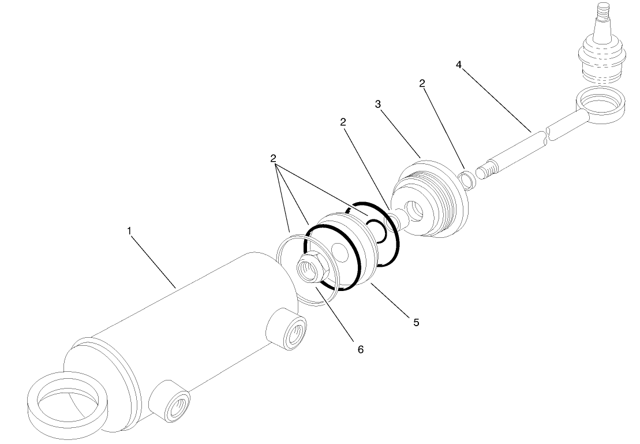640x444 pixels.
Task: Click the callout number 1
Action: (130, 230)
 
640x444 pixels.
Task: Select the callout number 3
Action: (378, 104)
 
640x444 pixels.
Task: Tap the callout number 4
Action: (459, 65)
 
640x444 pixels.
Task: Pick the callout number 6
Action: (361, 349)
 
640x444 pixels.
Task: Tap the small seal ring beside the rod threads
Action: (468, 178)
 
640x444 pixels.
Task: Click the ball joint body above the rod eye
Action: (601, 55)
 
